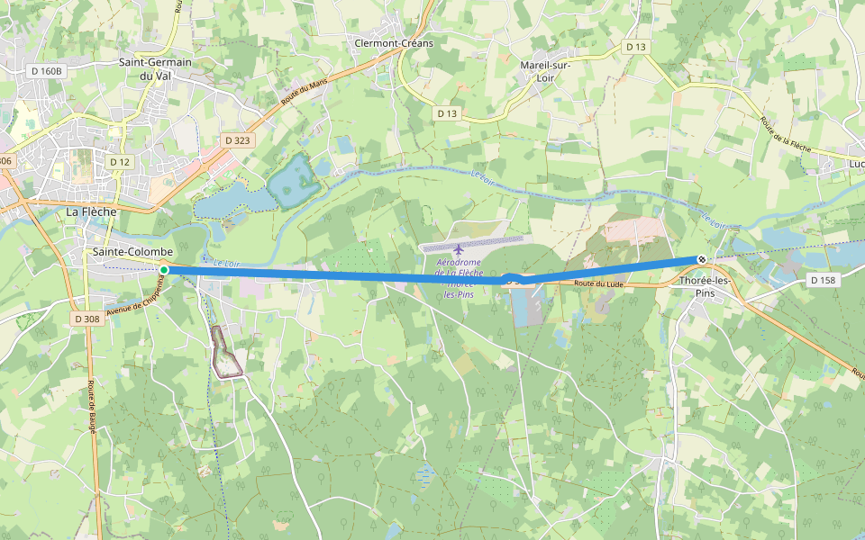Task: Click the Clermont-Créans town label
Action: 394,43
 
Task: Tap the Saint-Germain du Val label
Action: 156,69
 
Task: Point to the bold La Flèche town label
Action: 92,211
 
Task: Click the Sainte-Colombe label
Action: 132,252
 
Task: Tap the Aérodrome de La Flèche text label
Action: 459,273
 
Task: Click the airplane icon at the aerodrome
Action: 460,248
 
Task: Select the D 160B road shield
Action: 46,71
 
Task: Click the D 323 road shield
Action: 237,140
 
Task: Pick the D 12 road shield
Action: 120,161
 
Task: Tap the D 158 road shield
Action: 823,281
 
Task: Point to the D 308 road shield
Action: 87,319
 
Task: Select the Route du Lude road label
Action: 599,283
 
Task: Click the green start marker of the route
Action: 164,270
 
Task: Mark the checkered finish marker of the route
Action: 702,260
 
